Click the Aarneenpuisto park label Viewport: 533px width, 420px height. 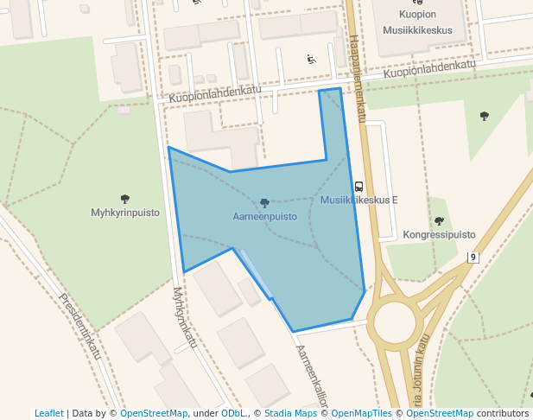click(264, 216)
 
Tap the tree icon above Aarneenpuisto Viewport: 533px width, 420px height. click(264, 203)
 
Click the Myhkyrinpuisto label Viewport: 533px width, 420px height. click(125, 212)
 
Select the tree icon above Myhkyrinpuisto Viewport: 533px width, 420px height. click(125, 199)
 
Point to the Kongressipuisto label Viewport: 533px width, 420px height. click(439, 234)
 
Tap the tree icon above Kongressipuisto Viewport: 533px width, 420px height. click(439, 221)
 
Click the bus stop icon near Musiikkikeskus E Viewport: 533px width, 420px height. click(359, 186)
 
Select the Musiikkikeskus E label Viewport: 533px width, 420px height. click(359, 200)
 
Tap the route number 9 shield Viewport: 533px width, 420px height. click(473, 258)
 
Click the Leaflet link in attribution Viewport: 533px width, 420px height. click(48, 413)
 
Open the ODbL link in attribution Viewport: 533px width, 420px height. click(233, 413)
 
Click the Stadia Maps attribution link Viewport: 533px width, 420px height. click(289, 413)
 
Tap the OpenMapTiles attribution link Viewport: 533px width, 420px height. click(362, 413)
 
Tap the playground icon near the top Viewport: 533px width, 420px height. click(311, 60)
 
